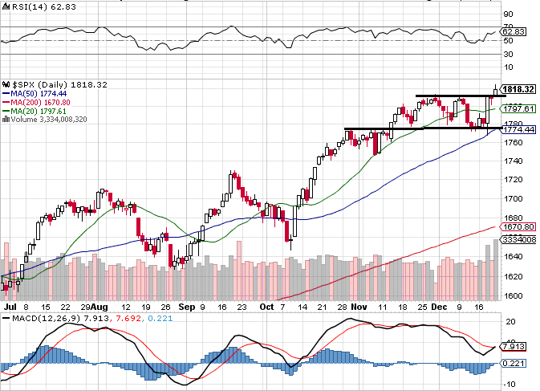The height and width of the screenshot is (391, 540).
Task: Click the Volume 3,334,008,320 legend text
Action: click(x=54, y=119)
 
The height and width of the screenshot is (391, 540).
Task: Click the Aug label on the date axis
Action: click(x=98, y=307)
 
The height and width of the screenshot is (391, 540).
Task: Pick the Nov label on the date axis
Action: click(x=359, y=307)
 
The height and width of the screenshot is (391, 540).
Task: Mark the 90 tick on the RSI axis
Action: click(x=507, y=14)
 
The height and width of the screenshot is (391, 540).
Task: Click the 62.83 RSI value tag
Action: click(x=513, y=31)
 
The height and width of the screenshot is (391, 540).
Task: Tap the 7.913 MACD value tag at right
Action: click(x=511, y=348)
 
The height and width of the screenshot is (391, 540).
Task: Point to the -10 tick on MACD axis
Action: click(x=508, y=384)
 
